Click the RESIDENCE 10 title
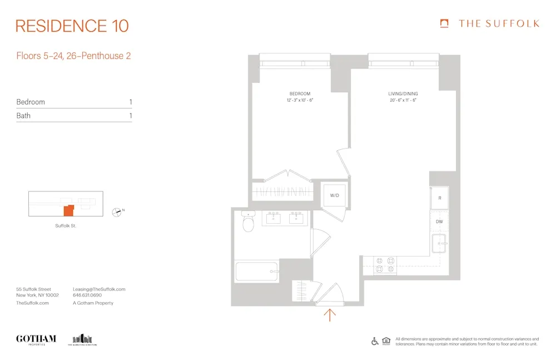pyautogui.click(x=72, y=26)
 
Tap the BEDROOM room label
pyautogui.click(x=300, y=93)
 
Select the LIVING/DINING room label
pyautogui.click(x=403, y=93)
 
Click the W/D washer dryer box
pyautogui.click(x=335, y=195)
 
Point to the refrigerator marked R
pyautogui.click(x=440, y=198)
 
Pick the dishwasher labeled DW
pyautogui.click(x=439, y=222)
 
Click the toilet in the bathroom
pyautogui.click(x=247, y=223)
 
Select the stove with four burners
pyautogui.click(x=385, y=265)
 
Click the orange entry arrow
pyautogui.click(x=330, y=315)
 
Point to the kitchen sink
pyautogui.click(x=440, y=243)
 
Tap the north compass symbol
pyautogui.click(x=117, y=211)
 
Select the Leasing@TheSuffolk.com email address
pyautogui.click(x=99, y=289)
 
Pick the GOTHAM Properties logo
pyautogui.click(x=36, y=339)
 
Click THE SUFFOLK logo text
pyautogui.click(x=498, y=23)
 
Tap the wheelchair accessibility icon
pyautogui.click(x=375, y=341)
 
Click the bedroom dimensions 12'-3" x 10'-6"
pyautogui.click(x=300, y=100)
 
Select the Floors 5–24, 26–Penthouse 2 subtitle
pyautogui.click(x=73, y=56)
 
